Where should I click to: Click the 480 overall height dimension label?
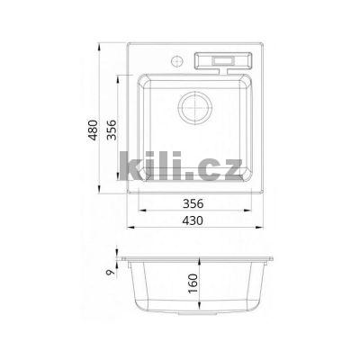[93, 130]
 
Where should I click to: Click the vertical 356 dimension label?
[112, 130]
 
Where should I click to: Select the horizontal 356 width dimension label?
[193, 203]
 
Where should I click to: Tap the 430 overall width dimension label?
[193, 220]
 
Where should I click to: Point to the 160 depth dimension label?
[193, 283]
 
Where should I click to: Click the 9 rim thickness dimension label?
[111, 272]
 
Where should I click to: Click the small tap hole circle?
[177, 61]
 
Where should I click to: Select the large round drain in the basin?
[195, 108]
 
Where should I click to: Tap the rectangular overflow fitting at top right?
[223, 62]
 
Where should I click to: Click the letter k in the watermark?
[131, 166]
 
